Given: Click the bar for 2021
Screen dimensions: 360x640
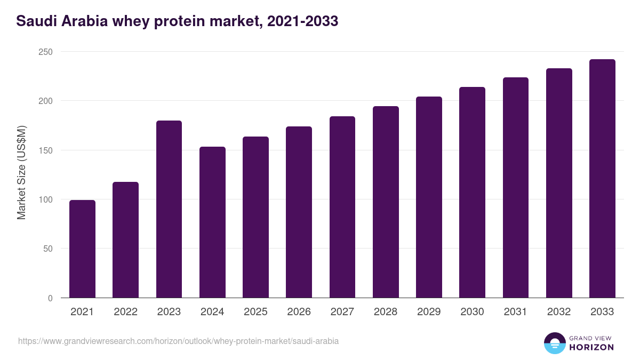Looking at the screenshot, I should pyautogui.click(x=82, y=249).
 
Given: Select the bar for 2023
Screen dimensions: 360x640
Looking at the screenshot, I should pyautogui.click(x=169, y=209).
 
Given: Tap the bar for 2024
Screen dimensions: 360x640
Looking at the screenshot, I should pyautogui.click(x=212, y=222).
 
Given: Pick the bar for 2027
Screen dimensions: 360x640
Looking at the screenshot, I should pyautogui.click(x=342, y=207).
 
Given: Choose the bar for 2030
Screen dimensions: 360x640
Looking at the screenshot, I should pyautogui.click(x=472, y=193).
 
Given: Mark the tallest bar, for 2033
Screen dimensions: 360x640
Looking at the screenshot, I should pyautogui.click(x=602, y=179).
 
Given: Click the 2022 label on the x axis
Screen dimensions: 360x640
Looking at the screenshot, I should pyautogui.click(x=125, y=312).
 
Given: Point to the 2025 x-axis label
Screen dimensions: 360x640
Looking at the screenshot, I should pyautogui.click(x=255, y=312).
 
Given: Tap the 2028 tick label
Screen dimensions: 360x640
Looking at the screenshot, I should pyautogui.click(x=386, y=312).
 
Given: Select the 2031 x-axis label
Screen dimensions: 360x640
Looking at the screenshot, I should pyautogui.click(x=515, y=312).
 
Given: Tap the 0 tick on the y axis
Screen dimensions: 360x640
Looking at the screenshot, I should pyautogui.click(x=50, y=298).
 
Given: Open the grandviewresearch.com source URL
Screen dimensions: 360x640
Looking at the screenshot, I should pyautogui.click(x=178, y=341).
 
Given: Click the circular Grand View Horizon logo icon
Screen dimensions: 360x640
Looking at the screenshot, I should pyautogui.click(x=555, y=343).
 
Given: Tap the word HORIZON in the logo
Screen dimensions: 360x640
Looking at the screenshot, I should pyautogui.click(x=591, y=347).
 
